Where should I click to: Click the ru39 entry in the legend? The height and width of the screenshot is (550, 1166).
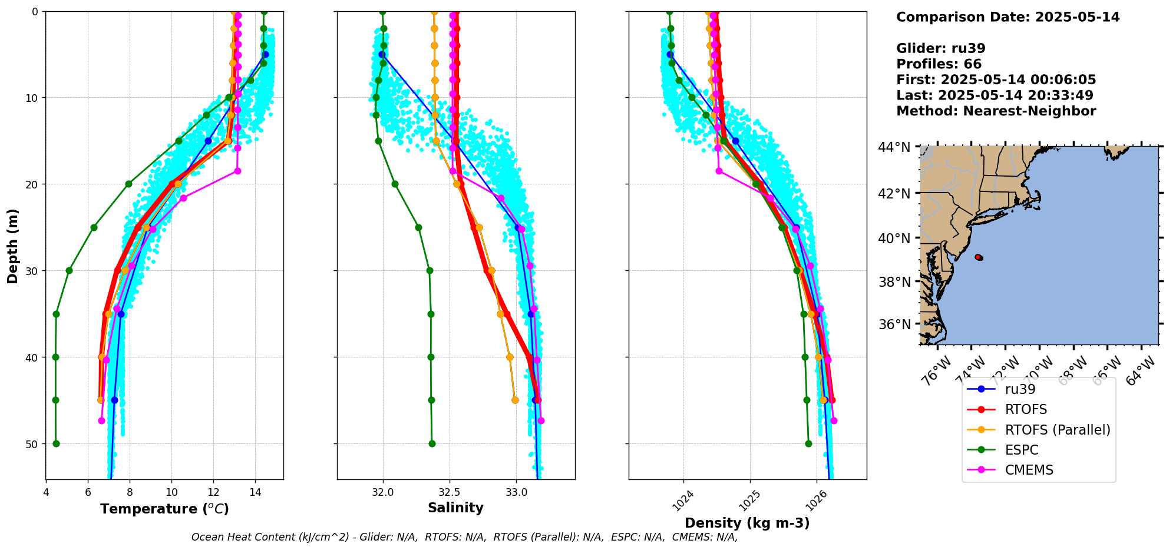pyautogui.click(x=1020, y=389)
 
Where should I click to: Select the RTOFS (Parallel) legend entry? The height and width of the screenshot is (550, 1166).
pyautogui.click(x=1057, y=430)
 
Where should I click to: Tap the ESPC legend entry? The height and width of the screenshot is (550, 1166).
pyautogui.click(x=1021, y=450)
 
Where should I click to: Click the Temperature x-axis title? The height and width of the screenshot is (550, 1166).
pyautogui.click(x=164, y=509)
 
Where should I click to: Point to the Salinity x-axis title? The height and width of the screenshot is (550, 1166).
pyautogui.click(x=455, y=508)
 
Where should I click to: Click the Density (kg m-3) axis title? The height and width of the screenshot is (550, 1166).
pyautogui.click(x=746, y=523)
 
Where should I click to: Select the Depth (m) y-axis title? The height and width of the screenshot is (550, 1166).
pyautogui.click(x=12, y=246)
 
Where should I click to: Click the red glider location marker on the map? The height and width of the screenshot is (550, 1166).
pyautogui.click(x=979, y=257)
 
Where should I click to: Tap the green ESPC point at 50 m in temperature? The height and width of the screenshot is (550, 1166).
pyautogui.click(x=56, y=443)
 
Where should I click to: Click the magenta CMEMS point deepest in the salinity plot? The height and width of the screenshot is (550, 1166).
pyautogui.click(x=541, y=420)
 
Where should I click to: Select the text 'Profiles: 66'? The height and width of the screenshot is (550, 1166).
pyautogui.click(x=939, y=64)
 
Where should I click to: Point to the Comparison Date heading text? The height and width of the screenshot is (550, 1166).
pyautogui.click(x=1008, y=17)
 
